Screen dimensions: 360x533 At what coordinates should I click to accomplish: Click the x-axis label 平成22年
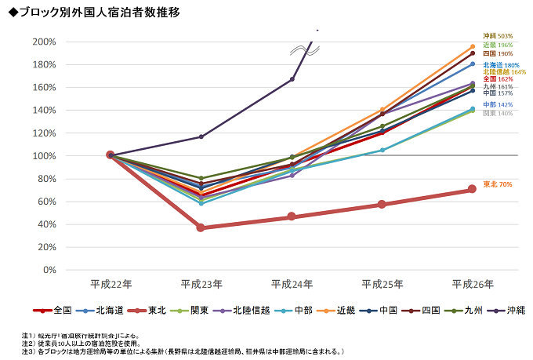110,283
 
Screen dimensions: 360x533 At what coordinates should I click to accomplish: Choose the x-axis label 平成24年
291,283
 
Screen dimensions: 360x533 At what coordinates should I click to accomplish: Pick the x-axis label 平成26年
472,283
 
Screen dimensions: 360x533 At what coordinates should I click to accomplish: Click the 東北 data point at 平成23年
201,227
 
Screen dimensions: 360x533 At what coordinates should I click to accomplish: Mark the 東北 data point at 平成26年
472,189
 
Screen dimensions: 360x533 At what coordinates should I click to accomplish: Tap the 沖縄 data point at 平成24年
292,79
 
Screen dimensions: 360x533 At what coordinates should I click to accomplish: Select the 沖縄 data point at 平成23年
201,136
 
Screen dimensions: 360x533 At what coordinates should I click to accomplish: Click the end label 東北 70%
497,184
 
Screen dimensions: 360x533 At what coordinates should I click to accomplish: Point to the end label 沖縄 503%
497,36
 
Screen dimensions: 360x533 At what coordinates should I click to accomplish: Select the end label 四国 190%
497,53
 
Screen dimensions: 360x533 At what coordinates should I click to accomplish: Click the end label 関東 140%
497,113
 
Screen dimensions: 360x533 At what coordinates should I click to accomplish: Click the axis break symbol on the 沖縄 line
304,50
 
